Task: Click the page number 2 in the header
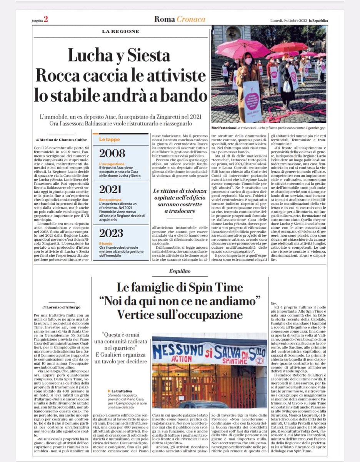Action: (45, 20)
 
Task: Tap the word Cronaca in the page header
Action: (191, 19)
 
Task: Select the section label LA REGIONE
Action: (117, 32)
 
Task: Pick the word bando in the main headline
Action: (182, 95)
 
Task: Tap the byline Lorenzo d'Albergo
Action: (61, 307)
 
